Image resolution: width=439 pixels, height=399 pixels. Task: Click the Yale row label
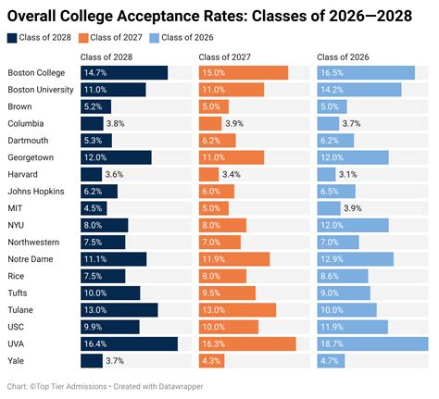(16, 360)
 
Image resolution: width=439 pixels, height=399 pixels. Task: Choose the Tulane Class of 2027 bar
(237, 309)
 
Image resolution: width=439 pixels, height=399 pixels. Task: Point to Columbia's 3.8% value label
(116, 123)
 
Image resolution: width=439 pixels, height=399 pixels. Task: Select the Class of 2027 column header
(222, 58)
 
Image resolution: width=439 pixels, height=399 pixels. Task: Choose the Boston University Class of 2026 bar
(359, 90)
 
